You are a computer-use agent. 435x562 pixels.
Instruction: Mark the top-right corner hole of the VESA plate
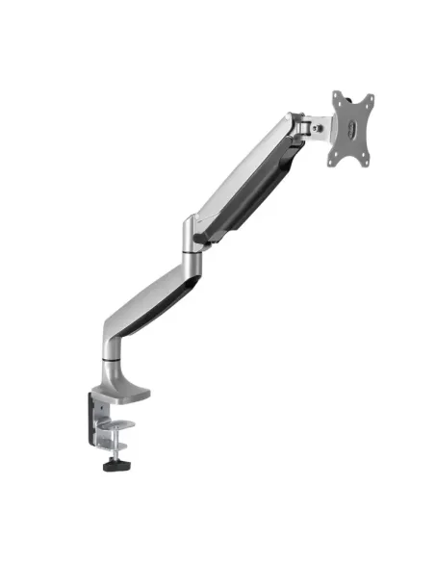(368, 101)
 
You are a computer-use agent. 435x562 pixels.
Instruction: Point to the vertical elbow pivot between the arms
(192, 238)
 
